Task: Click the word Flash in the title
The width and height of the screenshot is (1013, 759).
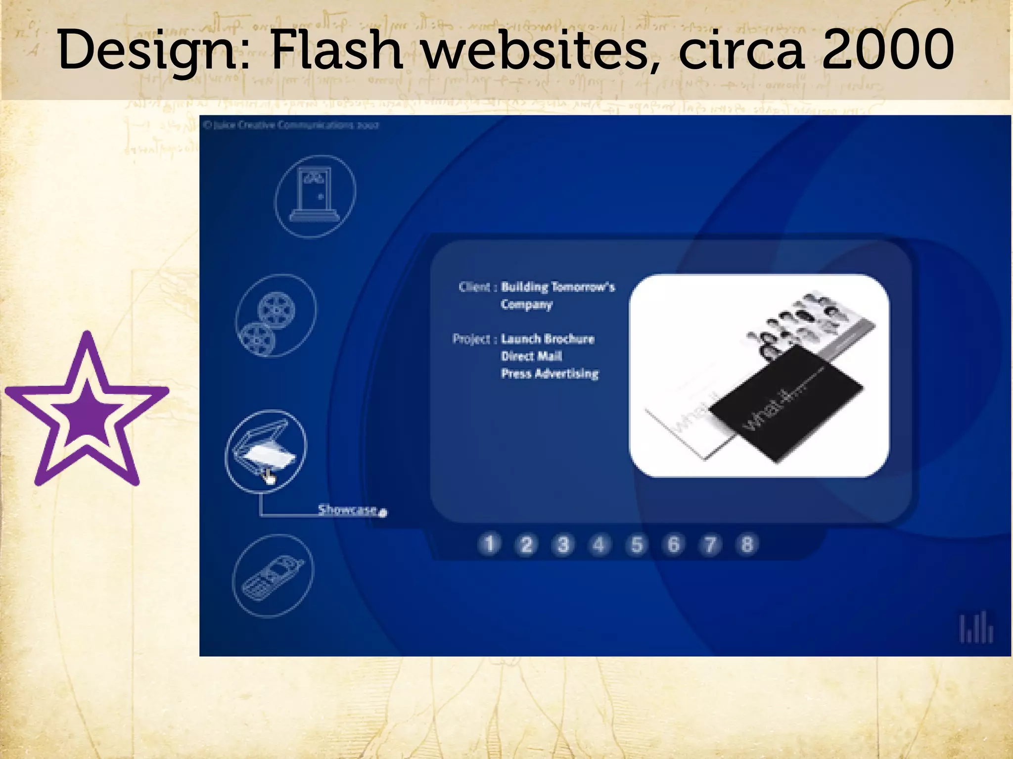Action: click(336, 49)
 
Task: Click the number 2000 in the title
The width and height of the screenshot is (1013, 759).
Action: click(888, 49)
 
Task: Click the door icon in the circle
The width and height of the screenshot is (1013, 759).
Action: click(315, 196)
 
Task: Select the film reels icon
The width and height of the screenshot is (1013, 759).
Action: click(275, 316)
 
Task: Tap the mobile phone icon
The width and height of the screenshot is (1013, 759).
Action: click(272, 576)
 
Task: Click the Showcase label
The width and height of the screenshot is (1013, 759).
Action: click(348, 510)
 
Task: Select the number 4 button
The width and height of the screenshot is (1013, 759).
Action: click(599, 545)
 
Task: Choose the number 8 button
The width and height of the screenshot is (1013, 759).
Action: click(747, 545)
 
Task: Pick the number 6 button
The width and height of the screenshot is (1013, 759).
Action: click(673, 545)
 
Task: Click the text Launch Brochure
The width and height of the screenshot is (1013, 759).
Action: click(548, 339)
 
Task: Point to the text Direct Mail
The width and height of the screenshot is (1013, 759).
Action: click(531, 356)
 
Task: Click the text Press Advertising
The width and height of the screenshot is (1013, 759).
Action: click(550, 374)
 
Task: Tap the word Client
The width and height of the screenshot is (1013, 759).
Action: click(474, 287)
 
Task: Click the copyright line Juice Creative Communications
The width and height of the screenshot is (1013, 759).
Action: click(291, 125)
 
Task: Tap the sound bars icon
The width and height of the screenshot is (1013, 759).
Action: click(976, 628)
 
